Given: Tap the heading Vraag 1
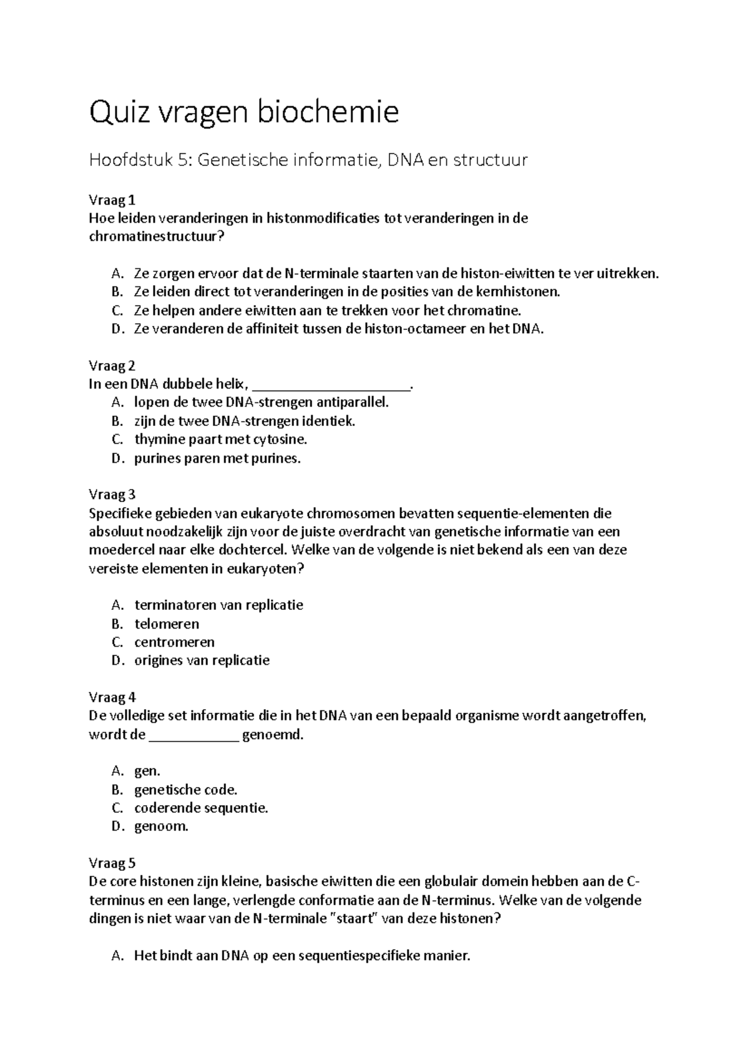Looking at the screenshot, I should pos(112,200).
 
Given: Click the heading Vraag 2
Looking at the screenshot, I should pos(112,365).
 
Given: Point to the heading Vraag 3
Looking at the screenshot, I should pos(112,495).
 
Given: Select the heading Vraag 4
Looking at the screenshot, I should pos(112,697).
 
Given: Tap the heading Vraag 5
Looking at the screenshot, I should pos(112,863).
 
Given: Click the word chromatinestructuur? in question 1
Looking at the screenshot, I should pos(156,237).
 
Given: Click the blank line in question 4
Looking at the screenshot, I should pos(194,736).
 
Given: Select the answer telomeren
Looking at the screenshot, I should pos(167,624).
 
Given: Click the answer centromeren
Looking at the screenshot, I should pos(174,642).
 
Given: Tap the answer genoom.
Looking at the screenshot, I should pos(160,826).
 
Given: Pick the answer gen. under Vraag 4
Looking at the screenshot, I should pos(147,771).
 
